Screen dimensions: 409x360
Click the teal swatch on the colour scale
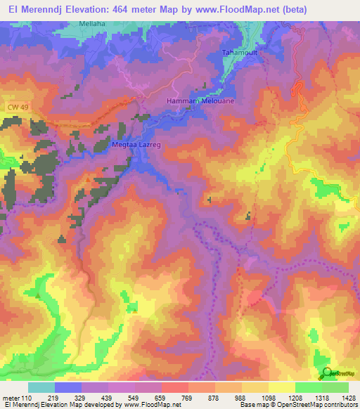click(x=41, y=387)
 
